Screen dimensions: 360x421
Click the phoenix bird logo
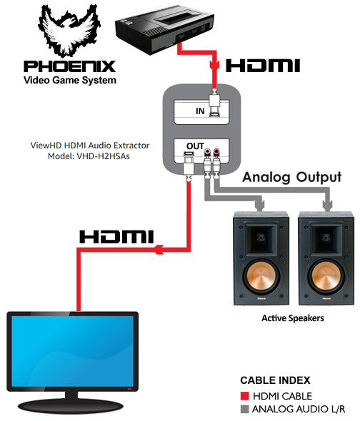coord(69,30)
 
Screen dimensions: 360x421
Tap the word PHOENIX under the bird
coord(69,66)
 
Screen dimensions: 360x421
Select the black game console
coord(164,30)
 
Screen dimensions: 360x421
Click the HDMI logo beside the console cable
coord(263,66)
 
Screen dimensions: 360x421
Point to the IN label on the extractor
coord(200,111)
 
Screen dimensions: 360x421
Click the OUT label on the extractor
coord(195,146)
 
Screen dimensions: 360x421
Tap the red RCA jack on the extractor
coord(216,152)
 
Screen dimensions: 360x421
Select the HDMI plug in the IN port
coord(214,103)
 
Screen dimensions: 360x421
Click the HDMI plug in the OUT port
coord(189,166)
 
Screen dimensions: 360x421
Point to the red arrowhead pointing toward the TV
coord(159,250)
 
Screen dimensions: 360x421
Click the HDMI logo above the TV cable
coord(116,236)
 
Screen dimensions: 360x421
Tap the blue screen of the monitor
coord(73,351)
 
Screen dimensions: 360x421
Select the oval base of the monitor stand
coord(71,407)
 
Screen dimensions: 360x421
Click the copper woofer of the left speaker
coord(261,277)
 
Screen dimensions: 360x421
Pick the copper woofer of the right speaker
coord(326,277)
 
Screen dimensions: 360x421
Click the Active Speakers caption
coord(293,318)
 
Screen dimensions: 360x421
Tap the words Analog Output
coord(291,178)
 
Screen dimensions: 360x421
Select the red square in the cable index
coord(244,396)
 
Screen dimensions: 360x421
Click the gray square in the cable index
coord(244,409)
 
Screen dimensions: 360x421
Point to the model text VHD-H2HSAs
coord(103,156)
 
